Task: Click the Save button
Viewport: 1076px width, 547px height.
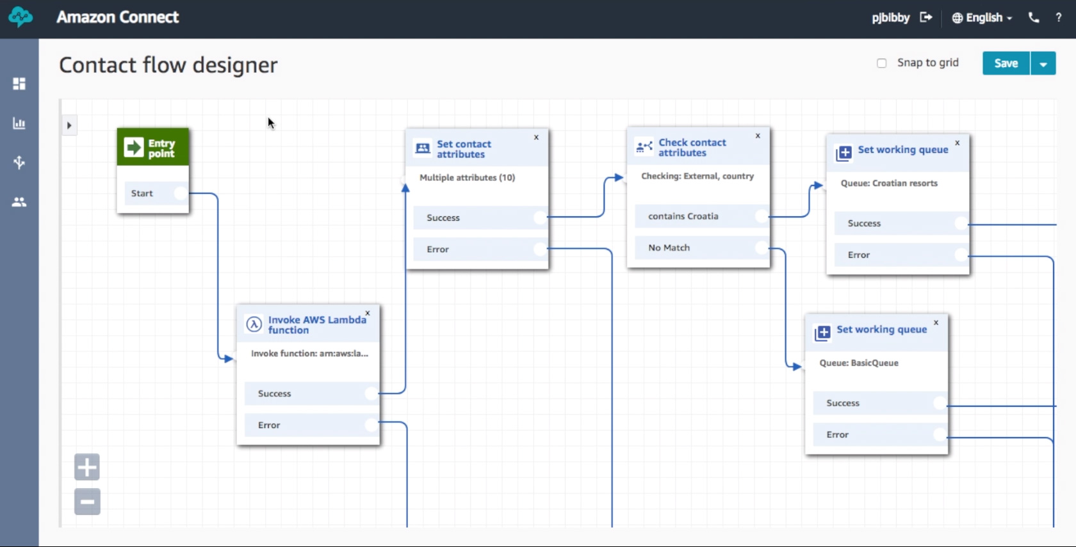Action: (1006, 63)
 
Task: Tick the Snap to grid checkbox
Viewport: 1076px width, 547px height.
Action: (881, 63)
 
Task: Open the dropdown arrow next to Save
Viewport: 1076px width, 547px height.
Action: (1043, 63)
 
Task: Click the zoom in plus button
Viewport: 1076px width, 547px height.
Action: (87, 467)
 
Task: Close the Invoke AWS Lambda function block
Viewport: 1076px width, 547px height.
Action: (368, 313)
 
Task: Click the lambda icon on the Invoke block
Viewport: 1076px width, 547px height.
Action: (254, 324)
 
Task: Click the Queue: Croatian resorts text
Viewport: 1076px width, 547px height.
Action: (889, 183)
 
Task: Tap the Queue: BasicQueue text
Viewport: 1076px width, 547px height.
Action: (859, 363)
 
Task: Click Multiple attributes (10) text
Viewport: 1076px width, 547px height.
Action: (468, 178)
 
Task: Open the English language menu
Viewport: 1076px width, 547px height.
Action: (982, 18)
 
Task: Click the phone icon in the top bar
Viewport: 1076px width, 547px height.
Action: (1034, 18)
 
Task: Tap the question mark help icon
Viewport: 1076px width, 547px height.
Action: (1058, 18)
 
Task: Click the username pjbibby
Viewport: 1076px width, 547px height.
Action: (891, 18)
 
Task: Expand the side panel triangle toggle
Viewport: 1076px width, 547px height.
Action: (69, 125)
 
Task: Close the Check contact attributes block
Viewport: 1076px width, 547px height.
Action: (758, 136)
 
